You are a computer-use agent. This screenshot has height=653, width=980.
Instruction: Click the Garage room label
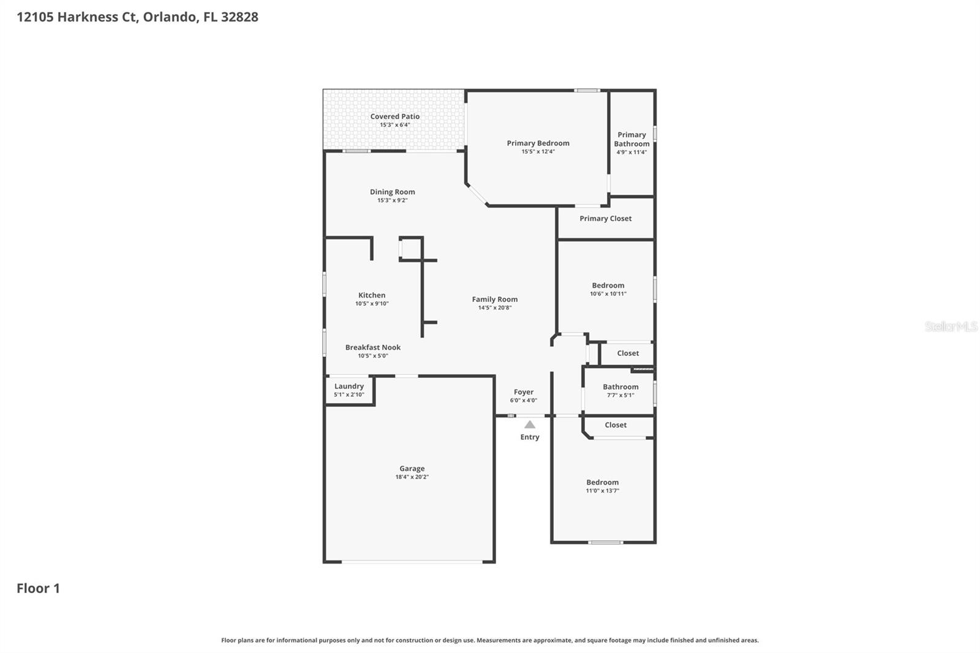point(412,469)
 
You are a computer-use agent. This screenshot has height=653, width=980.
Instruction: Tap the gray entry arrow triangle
point(530,425)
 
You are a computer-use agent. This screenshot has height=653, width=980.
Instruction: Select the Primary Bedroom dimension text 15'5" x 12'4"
point(538,151)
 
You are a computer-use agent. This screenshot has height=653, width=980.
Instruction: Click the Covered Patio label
point(394,116)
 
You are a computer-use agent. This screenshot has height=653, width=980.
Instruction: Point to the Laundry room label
point(349,387)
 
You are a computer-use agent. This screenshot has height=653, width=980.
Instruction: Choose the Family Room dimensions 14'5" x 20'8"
point(494,308)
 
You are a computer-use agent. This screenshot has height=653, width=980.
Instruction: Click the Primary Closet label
point(605,219)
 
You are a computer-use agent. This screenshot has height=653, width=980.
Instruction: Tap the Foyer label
point(523,392)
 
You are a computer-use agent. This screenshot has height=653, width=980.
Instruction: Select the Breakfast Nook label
point(372,347)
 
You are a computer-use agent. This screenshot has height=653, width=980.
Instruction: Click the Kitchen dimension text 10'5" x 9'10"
point(372,303)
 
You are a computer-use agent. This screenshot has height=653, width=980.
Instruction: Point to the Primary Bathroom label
point(631,139)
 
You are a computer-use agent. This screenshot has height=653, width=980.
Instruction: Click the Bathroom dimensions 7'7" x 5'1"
point(620,395)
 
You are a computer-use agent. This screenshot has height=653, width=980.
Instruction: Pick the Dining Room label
point(392,192)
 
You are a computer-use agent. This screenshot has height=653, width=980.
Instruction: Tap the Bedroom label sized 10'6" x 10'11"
point(608,285)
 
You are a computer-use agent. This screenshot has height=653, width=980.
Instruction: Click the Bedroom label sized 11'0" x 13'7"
point(602,483)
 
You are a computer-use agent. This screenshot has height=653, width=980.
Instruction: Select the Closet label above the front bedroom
point(616,425)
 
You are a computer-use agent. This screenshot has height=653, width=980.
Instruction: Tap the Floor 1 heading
point(38,589)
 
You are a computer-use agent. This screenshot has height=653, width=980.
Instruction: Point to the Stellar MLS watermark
point(951,326)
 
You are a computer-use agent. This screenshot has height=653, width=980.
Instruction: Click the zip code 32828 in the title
point(239,17)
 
